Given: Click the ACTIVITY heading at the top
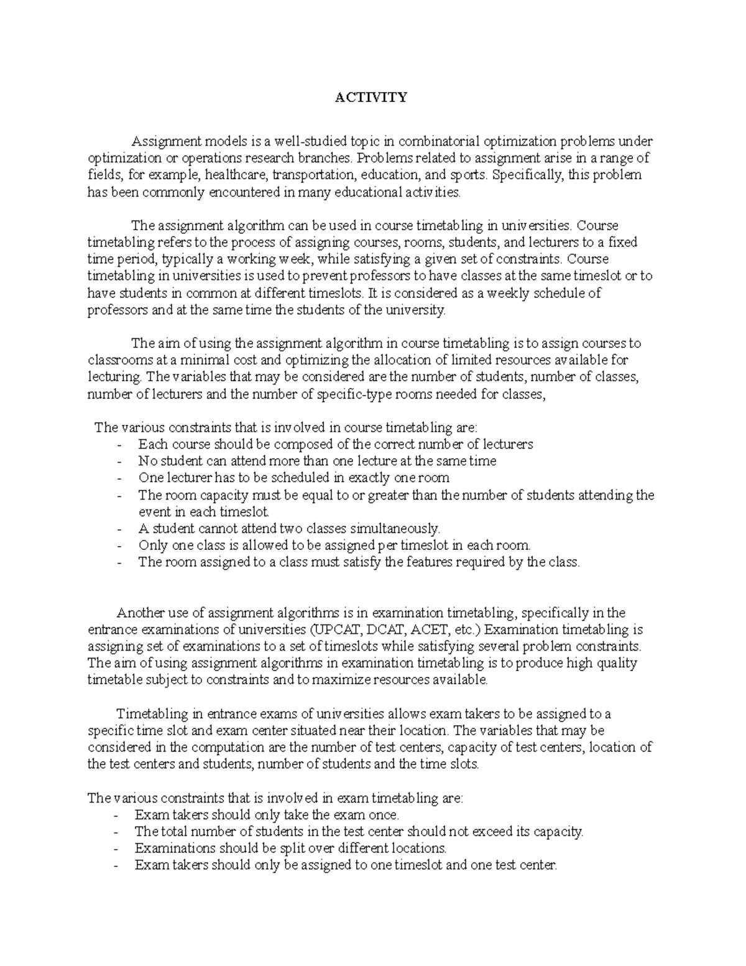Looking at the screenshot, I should click(371, 98).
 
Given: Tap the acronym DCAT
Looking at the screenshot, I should click(376, 629).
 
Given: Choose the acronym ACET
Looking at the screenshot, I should click(423, 629).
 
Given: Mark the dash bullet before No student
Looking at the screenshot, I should click(119, 462).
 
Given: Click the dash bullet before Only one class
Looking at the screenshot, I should click(119, 546).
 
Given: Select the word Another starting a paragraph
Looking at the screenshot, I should click(140, 613).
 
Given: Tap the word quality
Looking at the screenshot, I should click(617, 663).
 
